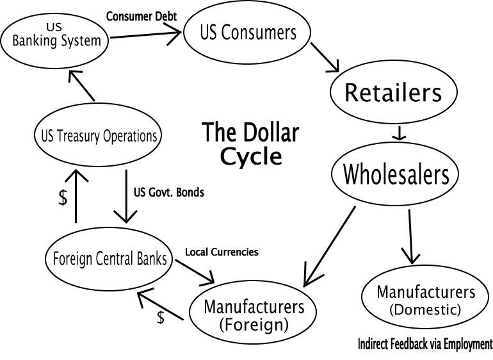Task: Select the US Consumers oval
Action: coord(247,33)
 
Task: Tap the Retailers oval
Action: coord(393,93)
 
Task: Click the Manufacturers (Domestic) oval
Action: coord(426,300)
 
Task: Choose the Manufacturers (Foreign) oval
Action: coord(259,315)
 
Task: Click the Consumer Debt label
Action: coord(141,15)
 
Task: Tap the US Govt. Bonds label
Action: coord(169,192)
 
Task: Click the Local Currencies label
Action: coord(222,252)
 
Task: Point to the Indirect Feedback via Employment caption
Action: coord(425,344)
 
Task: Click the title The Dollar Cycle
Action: coord(251,143)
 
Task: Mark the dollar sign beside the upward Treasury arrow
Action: coord(62,198)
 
